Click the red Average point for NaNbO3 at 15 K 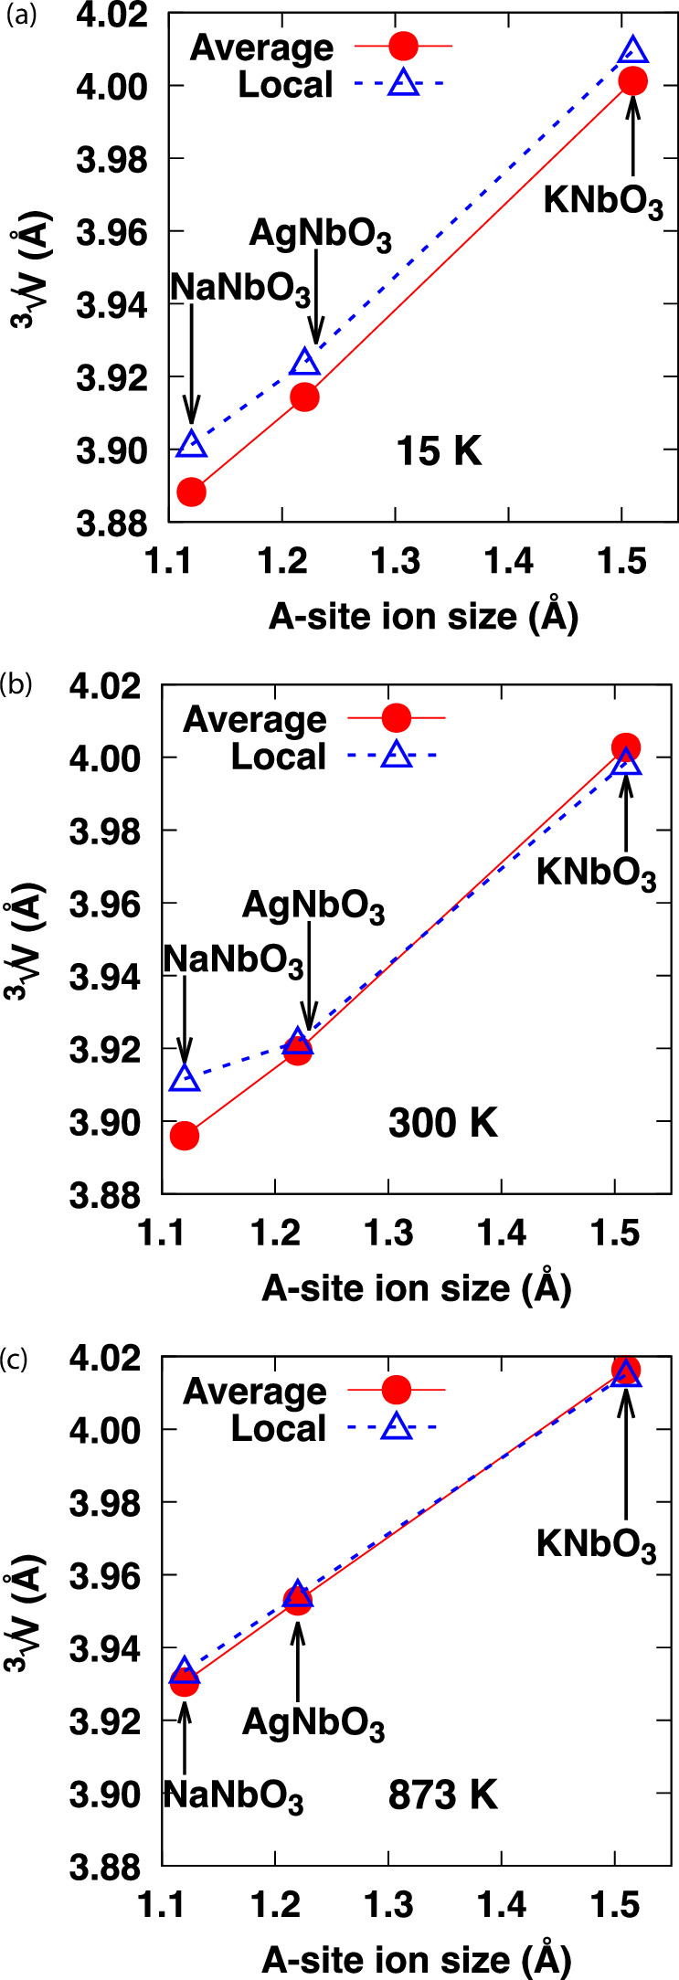(x=191, y=492)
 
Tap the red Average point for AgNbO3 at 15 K (x=304, y=397)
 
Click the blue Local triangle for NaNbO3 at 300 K (x=185, y=1079)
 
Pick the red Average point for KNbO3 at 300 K (x=626, y=747)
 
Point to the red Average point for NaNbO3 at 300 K (x=185, y=1137)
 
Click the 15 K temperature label (x=439, y=452)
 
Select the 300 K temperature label (x=443, y=1123)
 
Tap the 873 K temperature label (x=443, y=1795)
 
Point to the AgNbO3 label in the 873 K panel (x=313, y=1723)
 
